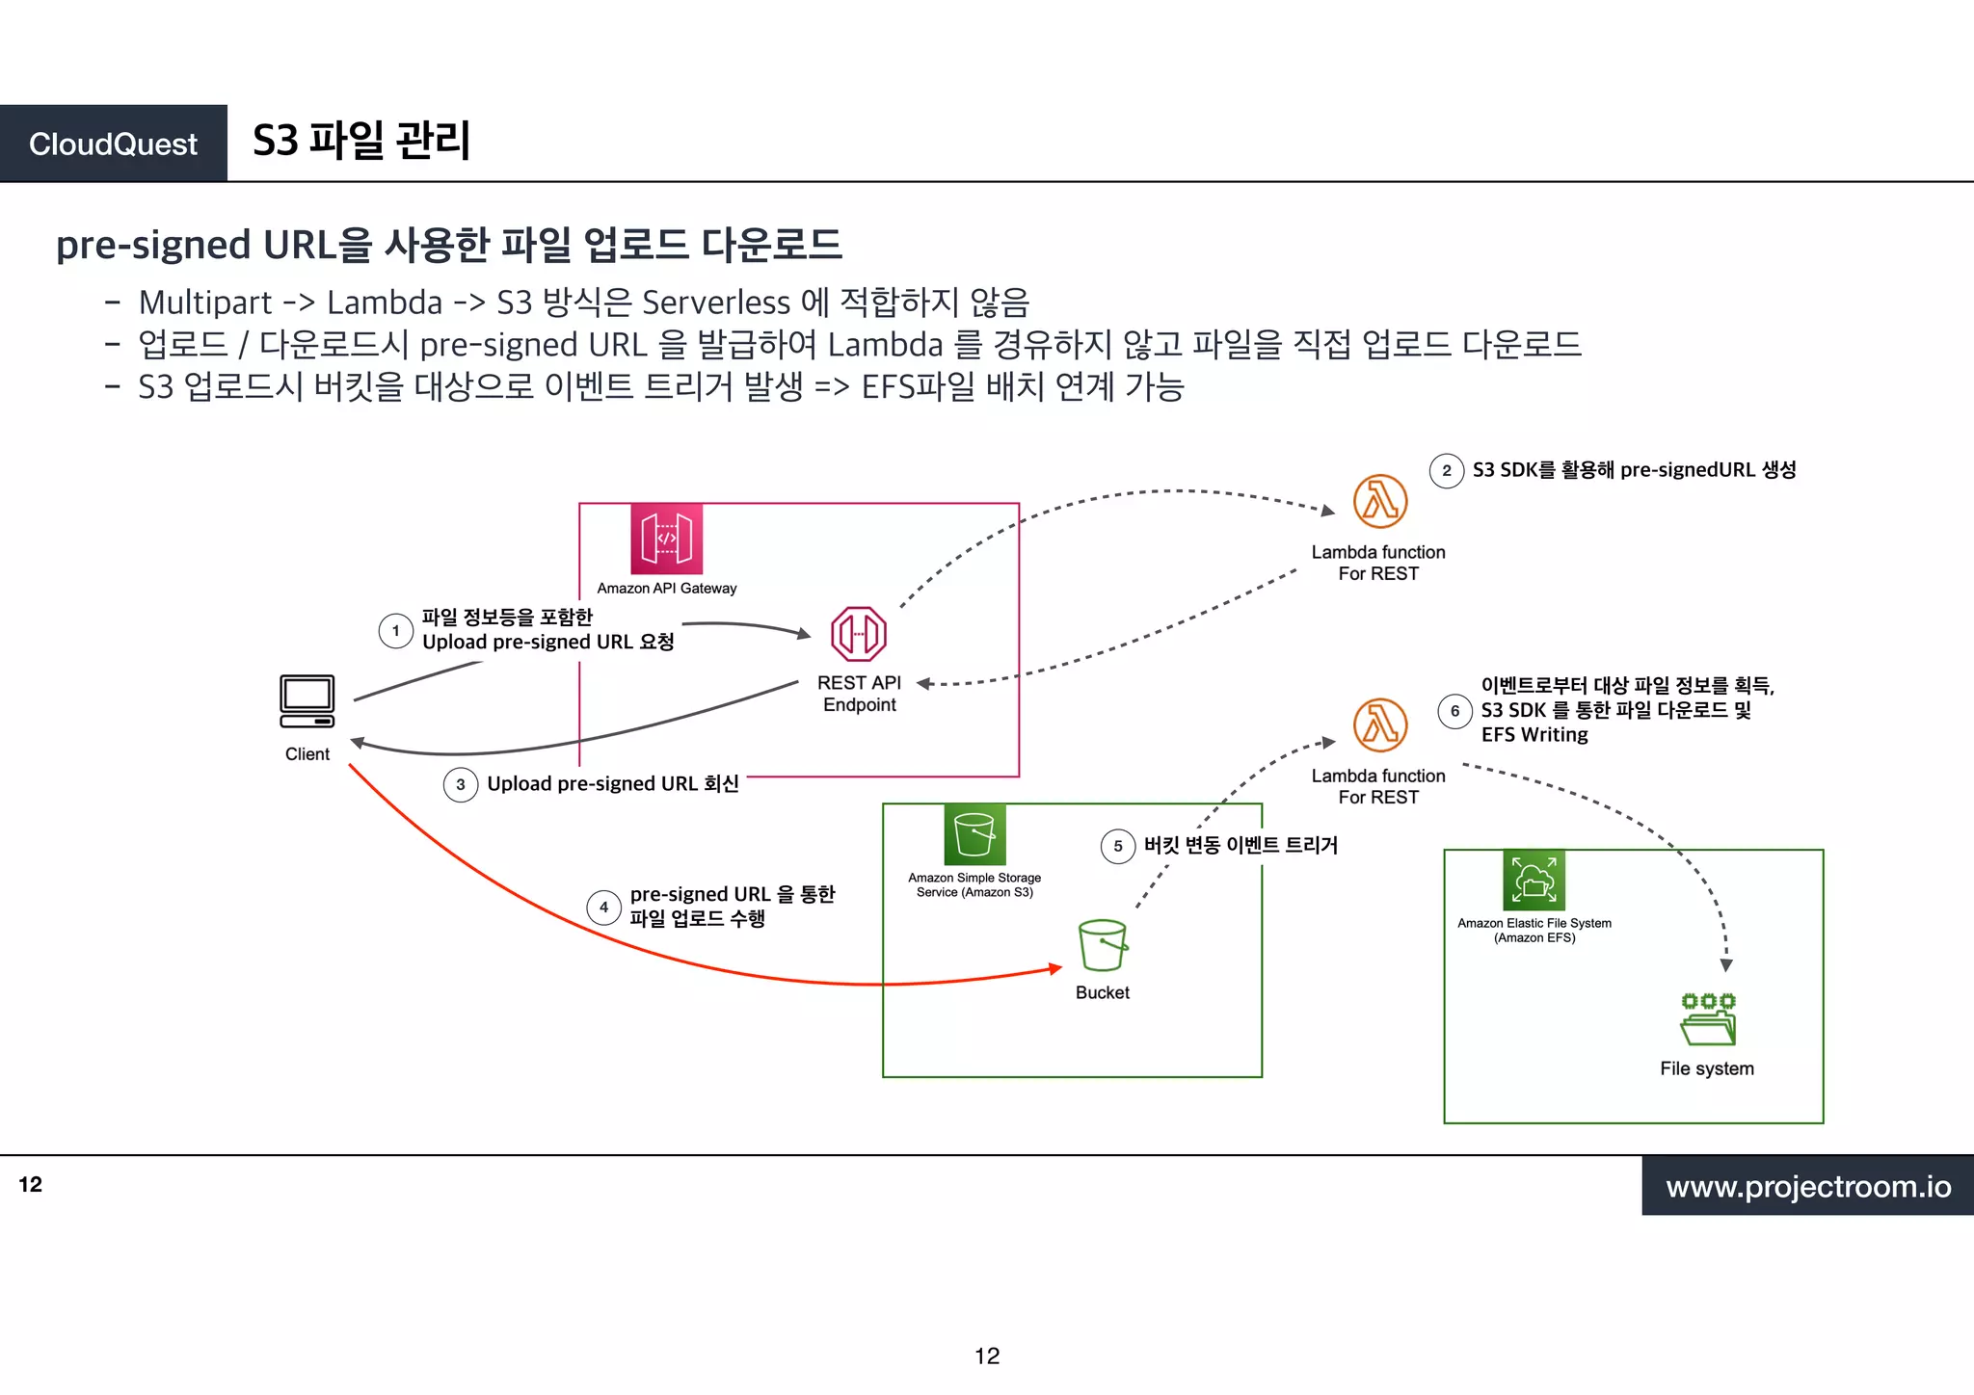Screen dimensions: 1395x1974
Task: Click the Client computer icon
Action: tap(307, 701)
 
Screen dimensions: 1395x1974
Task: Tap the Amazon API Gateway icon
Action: tap(666, 539)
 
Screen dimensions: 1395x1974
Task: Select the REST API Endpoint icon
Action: tap(859, 634)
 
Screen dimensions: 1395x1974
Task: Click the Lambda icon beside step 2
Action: tap(1379, 502)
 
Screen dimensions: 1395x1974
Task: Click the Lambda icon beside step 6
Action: tap(1379, 725)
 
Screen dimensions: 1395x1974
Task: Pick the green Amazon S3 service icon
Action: tap(974, 834)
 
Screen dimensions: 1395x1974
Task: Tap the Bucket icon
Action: tap(1103, 945)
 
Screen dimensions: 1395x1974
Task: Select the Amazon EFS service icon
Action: tap(1534, 880)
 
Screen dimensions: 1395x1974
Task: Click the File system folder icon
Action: tap(1708, 1020)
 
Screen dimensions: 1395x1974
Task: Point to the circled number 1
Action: tap(396, 631)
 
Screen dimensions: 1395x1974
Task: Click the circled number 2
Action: tap(1447, 471)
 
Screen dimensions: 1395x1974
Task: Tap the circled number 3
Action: tap(461, 784)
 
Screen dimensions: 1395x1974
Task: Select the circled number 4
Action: tap(604, 908)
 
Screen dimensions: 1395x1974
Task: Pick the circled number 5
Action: tap(1118, 847)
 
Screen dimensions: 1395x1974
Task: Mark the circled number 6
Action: tap(1455, 712)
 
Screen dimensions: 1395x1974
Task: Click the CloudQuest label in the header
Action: tap(113, 144)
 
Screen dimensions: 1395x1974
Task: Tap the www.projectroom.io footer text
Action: tap(1808, 1186)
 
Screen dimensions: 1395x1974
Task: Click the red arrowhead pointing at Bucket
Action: tap(1055, 968)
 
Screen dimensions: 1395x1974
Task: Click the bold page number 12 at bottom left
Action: tap(31, 1185)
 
